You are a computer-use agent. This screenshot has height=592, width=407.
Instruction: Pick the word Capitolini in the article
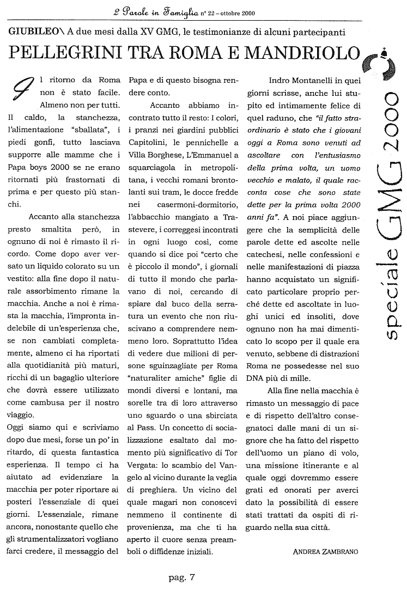[148, 130]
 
